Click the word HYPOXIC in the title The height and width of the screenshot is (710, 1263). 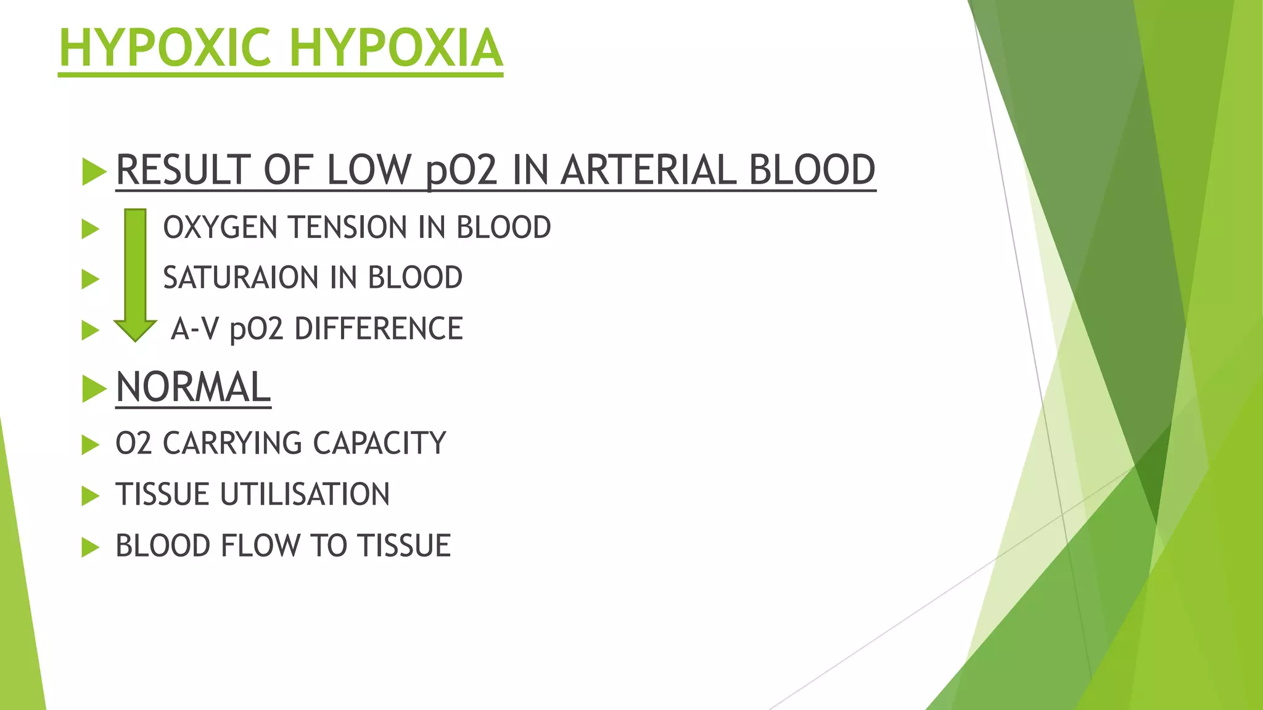(x=165, y=48)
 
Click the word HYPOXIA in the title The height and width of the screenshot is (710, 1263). (x=397, y=48)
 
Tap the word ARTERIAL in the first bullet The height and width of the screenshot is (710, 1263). (x=648, y=170)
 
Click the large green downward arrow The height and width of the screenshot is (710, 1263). (x=135, y=274)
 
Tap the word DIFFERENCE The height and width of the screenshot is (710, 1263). (x=379, y=328)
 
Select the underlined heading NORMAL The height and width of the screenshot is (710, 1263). (x=193, y=388)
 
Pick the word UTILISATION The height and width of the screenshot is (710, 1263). (x=305, y=495)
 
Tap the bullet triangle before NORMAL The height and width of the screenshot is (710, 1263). (x=94, y=388)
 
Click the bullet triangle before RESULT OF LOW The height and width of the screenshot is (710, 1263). (x=94, y=171)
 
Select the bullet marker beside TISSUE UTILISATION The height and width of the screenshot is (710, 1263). (x=90, y=496)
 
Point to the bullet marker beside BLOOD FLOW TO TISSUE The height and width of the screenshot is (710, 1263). (x=90, y=547)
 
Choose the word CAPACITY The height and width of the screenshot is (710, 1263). (x=379, y=444)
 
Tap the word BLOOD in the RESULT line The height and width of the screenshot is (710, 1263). (x=812, y=170)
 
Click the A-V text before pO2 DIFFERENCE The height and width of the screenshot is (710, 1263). (x=195, y=328)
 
